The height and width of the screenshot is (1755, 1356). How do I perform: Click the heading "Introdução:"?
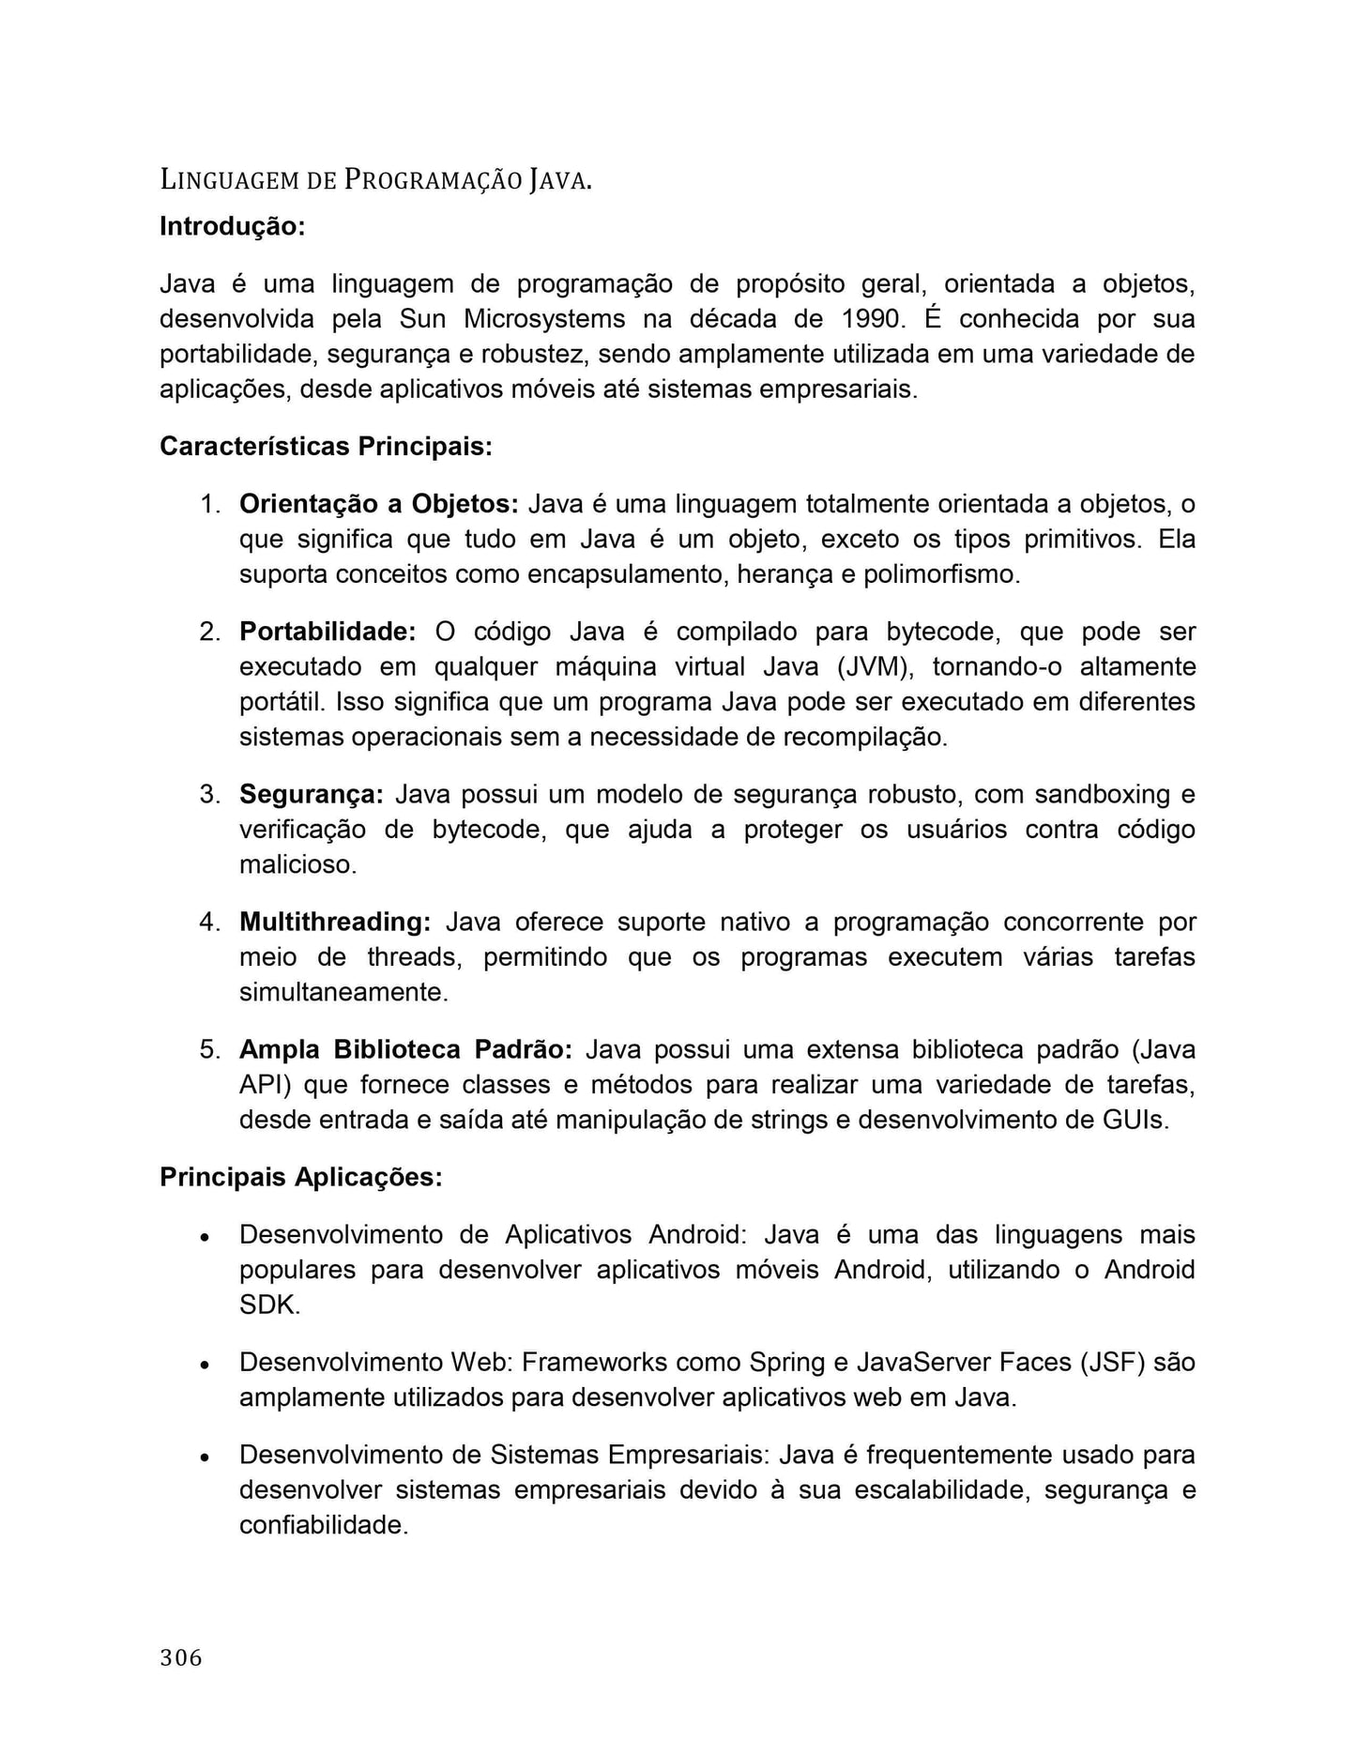click(232, 226)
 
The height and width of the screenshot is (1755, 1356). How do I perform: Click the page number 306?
click(181, 1658)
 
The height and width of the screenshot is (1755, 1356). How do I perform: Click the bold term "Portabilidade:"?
click(328, 632)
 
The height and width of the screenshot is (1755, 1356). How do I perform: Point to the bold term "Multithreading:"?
click(335, 922)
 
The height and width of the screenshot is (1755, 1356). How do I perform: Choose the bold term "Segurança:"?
click(312, 794)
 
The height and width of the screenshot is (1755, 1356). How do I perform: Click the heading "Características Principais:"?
click(326, 446)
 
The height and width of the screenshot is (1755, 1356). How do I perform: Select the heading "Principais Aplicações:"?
click(300, 1177)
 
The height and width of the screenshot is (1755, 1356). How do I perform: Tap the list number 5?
click(209, 1049)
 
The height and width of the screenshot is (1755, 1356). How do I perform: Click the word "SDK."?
click(270, 1305)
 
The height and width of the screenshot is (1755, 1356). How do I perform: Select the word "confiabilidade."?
click(324, 1525)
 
